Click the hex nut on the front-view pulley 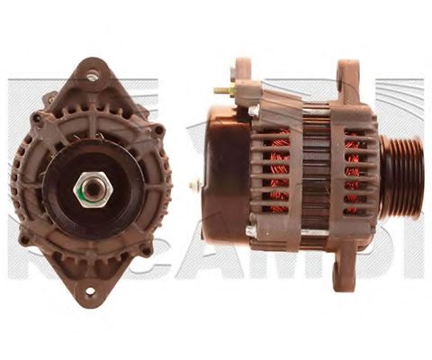(91, 191)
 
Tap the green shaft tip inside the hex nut (91, 192)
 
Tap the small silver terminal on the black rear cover (195, 184)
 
